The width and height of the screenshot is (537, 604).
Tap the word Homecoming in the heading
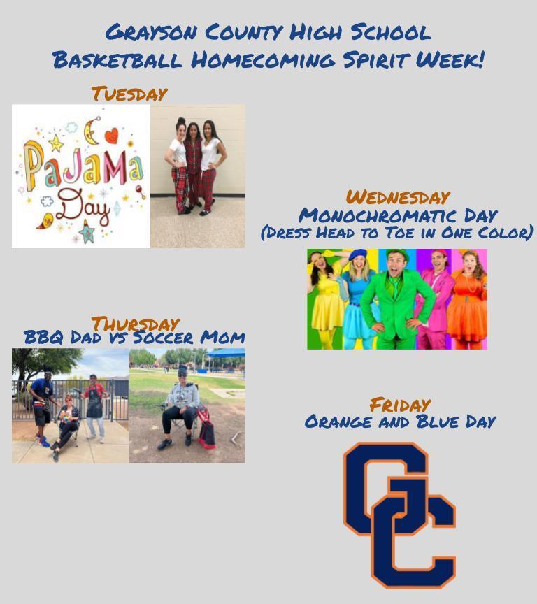[x=263, y=60]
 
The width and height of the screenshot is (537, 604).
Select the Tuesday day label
[x=129, y=94]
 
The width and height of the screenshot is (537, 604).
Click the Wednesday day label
[x=398, y=197]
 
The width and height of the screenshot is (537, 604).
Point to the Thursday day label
[x=135, y=324]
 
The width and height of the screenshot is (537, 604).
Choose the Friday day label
[x=400, y=405]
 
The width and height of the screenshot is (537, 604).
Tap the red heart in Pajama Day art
[x=111, y=136]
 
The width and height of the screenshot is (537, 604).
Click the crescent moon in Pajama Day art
[x=92, y=131]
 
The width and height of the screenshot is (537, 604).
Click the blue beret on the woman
[x=358, y=254]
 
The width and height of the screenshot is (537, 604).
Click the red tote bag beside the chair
[x=206, y=429]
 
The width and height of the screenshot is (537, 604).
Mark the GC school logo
[x=399, y=515]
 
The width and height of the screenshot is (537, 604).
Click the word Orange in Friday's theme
[x=338, y=422]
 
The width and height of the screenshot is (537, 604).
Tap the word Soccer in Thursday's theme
[x=163, y=338]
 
